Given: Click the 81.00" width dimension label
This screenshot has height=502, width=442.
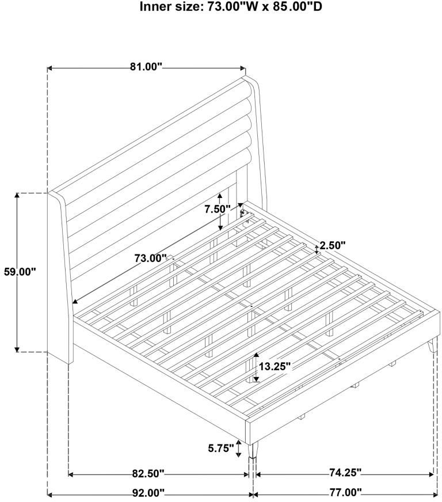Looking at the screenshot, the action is point(146,67).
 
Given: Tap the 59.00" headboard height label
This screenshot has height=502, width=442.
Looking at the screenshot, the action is point(20,272).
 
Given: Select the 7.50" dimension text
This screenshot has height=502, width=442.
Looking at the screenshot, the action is point(218,209).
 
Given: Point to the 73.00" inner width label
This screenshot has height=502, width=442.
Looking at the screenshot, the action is point(151,258).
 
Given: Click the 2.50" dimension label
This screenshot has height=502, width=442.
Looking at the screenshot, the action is point(333,246).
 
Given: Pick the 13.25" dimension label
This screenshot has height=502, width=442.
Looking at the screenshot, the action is point(275,366).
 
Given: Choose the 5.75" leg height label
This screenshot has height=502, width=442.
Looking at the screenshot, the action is point(221,448).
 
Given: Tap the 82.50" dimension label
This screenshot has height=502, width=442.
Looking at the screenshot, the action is point(148,473).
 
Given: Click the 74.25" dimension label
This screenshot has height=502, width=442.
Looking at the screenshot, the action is point(345,472).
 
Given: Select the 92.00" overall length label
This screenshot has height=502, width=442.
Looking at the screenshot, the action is point(148,492).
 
